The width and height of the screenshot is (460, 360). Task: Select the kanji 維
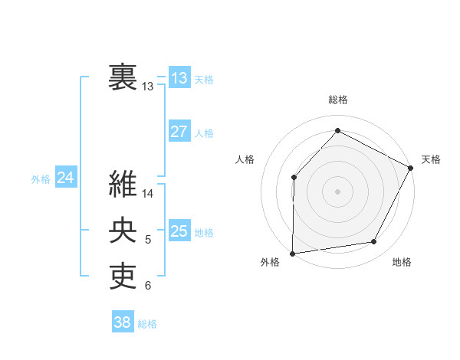[x=123, y=185]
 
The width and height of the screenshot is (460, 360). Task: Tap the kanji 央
[x=123, y=231]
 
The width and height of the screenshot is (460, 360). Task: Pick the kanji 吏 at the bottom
[x=123, y=277]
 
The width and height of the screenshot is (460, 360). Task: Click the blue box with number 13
[x=179, y=77]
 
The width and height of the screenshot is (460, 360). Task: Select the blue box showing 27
[x=179, y=131]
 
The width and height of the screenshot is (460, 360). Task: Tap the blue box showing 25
[x=179, y=231]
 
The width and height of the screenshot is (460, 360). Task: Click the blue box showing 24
[x=65, y=178]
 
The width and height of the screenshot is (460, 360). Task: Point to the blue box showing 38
[x=122, y=322]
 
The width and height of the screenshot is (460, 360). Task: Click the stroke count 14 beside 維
[x=148, y=194]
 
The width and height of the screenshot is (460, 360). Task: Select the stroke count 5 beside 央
[x=148, y=241]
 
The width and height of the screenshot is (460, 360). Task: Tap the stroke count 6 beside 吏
[x=148, y=286]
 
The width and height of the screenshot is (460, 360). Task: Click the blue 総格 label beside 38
[x=147, y=324]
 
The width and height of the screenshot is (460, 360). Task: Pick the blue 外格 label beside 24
[x=41, y=179]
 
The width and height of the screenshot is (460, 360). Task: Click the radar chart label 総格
[x=337, y=100]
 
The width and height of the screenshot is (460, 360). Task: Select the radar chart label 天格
[x=431, y=159]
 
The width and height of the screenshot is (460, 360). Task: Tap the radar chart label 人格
[x=245, y=159]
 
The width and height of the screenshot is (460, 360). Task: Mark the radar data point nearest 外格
[x=292, y=253]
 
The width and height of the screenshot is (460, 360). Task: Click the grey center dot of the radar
[x=337, y=191]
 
